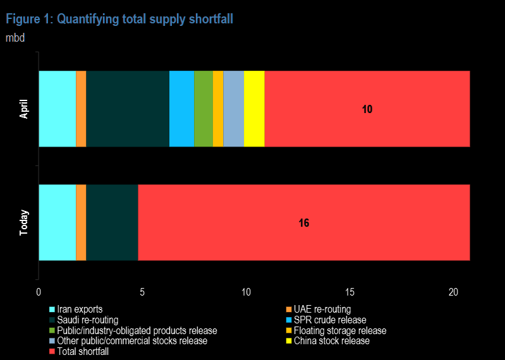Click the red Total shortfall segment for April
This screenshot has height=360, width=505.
pos(367,126)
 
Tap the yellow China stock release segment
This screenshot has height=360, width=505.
pos(253,109)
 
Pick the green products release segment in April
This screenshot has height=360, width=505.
pos(204,109)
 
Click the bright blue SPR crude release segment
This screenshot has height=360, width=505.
pos(181,109)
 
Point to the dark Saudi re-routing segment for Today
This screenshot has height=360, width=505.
pos(112,222)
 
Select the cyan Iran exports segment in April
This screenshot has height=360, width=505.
pos(57,109)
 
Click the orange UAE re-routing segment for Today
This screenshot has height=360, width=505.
pos(81,222)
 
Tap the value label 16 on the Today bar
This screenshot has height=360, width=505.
pos(304,223)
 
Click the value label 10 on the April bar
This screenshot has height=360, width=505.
pos(367,109)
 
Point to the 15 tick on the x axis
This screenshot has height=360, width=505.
pos(350,292)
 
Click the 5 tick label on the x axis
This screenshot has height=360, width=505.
pos(142,292)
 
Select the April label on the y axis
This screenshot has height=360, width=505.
pos(24,109)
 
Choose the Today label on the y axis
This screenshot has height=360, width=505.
pos(24,222)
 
